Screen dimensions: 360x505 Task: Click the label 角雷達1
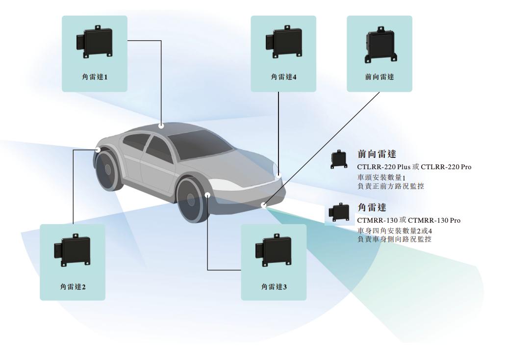pyautogui.click(x=94, y=77)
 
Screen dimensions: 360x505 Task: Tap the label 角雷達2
pyautogui.click(x=73, y=286)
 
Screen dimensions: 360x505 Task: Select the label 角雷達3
pyautogui.click(x=274, y=286)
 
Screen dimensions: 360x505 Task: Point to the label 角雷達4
pyautogui.click(x=283, y=77)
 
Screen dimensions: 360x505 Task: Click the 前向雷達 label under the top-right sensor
pyautogui.click(x=379, y=77)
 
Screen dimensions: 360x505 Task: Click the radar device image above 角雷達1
pyautogui.click(x=94, y=43)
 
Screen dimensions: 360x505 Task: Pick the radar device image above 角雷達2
pyautogui.click(x=73, y=251)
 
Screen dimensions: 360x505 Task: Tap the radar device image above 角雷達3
pyautogui.click(x=274, y=251)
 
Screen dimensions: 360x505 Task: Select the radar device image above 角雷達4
pyautogui.click(x=283, y=43)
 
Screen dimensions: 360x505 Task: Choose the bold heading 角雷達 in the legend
pyautogui.click(x=372, y=208)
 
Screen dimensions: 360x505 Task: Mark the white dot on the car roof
pyautogui.click(x=161, y=126)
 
